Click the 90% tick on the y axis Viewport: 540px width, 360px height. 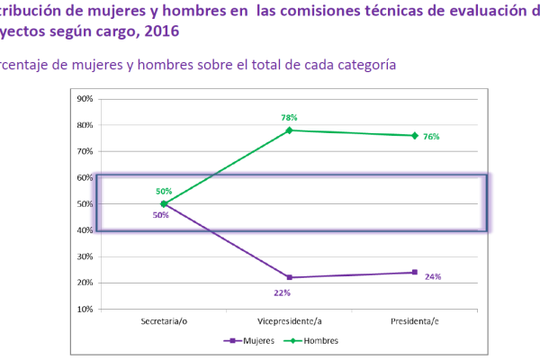pos(86,99)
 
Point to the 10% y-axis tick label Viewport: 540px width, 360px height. pos(86,309)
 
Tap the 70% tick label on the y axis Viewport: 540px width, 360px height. pos(86,151)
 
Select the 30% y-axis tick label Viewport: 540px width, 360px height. pos(86,256)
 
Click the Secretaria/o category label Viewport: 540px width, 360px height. pos(164,321)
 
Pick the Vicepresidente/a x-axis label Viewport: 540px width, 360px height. pos(289,321)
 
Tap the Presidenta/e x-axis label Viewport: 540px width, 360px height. pos(414,321)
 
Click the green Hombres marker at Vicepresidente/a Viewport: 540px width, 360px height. pos(290,130)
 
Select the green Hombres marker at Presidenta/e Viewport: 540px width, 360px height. pos(415,136)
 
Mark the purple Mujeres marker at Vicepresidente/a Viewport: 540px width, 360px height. pos(290,277)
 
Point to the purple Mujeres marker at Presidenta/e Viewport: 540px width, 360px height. pos(415,272)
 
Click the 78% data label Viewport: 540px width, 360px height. pos(289,117)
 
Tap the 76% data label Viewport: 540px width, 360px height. pos(431,137)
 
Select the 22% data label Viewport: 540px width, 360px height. pos(283,292)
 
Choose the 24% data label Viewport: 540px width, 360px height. pos(433,276)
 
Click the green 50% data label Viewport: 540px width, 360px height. pos(164,192)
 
